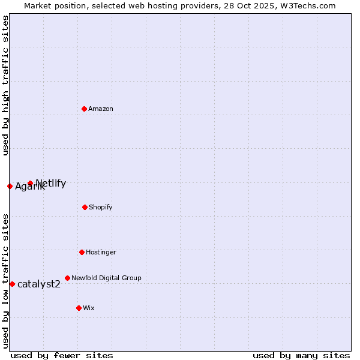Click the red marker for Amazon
84,109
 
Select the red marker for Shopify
85,207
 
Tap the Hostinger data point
82,252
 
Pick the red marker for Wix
79,308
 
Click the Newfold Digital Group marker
67,278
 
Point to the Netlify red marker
30,183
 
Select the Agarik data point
10,186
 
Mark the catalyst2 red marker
12,284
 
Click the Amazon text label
101,109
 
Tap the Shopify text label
101,207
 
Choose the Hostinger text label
101,252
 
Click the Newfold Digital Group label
106,278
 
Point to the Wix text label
89,308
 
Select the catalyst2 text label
39,284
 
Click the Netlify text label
51,183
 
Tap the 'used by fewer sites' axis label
62,355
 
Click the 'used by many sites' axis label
301,355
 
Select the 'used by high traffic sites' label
5,85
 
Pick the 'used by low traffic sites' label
5,280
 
